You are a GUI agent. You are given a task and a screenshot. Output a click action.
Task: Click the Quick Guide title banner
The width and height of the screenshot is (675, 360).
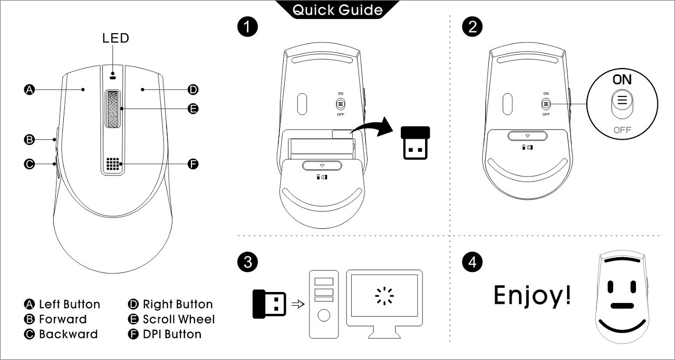click(x=337, y=9)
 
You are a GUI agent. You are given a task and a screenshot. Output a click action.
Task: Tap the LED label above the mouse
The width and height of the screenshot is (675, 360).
click(x=115, y=38)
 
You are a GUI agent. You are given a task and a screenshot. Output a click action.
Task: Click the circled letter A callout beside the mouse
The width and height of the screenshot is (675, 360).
click(x=30, y=90)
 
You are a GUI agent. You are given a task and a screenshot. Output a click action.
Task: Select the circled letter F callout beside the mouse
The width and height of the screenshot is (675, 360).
click(x=193, y=164)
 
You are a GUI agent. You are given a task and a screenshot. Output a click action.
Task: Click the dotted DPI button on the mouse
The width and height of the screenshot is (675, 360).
click(x=111, y=164)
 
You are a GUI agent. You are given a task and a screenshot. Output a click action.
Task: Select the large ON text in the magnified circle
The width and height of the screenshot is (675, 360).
click(x=622, y=80)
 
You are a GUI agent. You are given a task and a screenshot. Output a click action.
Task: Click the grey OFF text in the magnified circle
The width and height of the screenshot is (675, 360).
click(x=622, y=130)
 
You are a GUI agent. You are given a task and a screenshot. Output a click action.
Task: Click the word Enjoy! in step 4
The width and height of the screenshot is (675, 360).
click(x=532, y=295)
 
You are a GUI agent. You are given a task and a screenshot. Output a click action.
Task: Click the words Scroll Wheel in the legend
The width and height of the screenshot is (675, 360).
click(x=179, y=319)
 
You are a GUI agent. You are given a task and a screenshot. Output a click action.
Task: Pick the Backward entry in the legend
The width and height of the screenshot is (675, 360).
click(x=68, y=334)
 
